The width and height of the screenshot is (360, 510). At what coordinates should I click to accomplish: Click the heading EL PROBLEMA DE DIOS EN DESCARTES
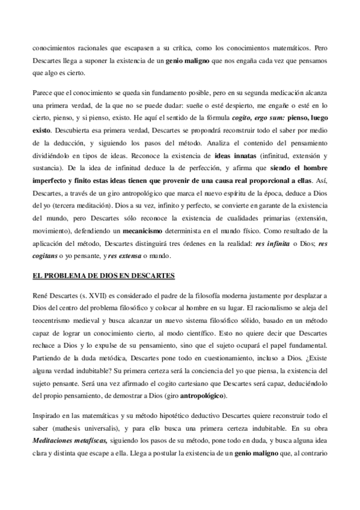tap(103, 276)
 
